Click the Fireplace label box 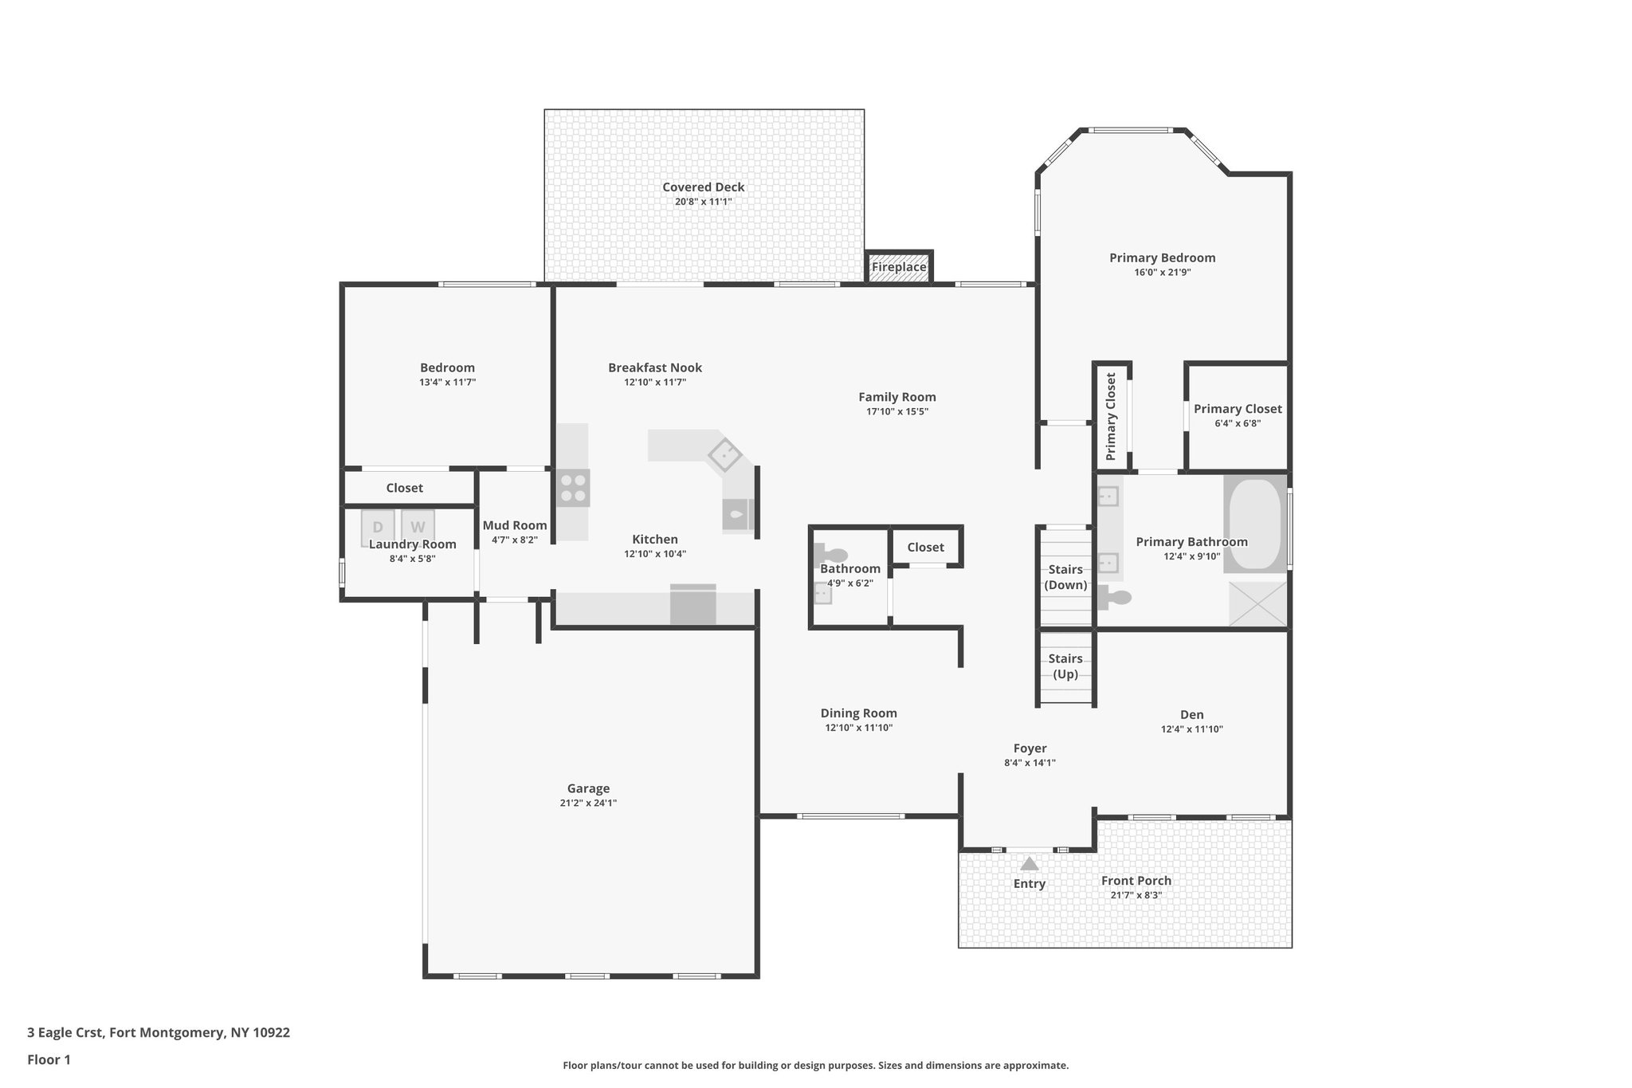click(899, 267)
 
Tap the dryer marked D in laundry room click(378, 527)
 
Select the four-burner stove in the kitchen click(573, 488)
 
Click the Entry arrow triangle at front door click(1030, 864)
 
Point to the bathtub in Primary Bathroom click(1254, 524)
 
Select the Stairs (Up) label click(1065, 666)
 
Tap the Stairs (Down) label click(1065, 577)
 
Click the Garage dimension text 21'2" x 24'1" click(588, 803)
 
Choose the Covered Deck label click(704, 187)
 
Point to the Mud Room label click(515, 525)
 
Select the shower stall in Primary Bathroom click(1257, 604)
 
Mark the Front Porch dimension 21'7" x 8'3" click(1136, 895)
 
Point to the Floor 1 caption click(49, 1060)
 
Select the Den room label click(1192, 715)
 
